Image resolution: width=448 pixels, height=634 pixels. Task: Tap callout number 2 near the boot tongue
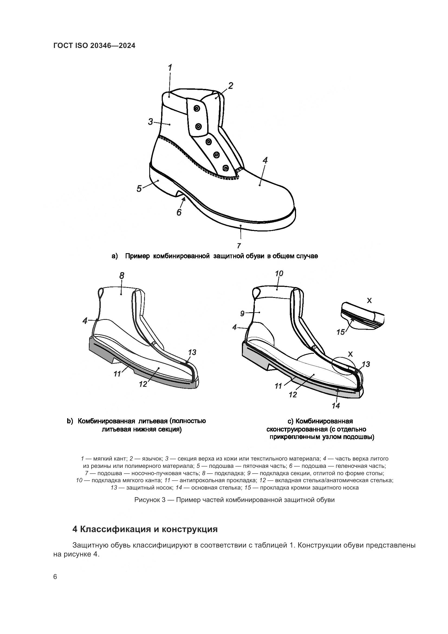(231, 86)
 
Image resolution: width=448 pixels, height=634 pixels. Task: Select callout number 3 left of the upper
(151, 122)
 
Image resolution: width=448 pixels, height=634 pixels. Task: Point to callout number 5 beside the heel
(139, 189)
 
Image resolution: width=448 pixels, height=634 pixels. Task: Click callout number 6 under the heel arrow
(179, 212)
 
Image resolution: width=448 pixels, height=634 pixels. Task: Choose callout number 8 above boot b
(122, 275)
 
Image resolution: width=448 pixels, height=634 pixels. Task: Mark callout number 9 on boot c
(242, 313)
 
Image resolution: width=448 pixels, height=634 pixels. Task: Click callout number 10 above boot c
(279, 273)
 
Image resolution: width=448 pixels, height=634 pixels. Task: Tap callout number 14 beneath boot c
(336, 406)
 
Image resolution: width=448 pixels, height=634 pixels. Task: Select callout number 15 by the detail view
(341, 332)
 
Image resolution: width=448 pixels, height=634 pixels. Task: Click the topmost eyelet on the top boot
(197, 109)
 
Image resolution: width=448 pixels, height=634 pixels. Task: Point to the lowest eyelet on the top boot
(226, 168)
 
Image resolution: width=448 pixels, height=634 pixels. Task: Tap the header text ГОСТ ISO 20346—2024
(94, 46)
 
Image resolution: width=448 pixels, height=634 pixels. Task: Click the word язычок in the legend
(152, 459)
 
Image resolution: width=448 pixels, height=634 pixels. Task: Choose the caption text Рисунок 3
(150, 500)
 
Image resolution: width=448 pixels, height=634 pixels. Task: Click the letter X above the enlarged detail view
(369, 300)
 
